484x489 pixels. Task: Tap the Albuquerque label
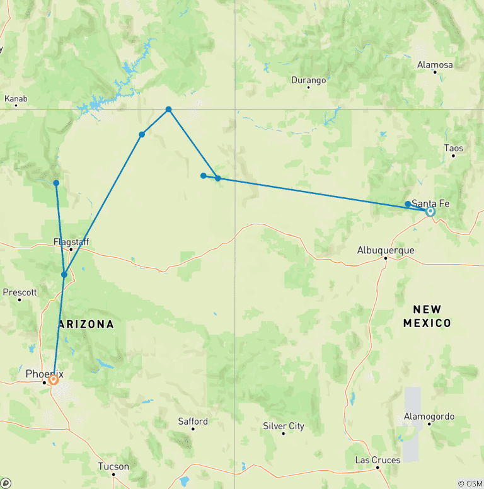coord(386,250)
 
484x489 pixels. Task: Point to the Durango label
coord(309,80)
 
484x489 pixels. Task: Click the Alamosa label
coord(435,65)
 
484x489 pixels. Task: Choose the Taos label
coord(453,149)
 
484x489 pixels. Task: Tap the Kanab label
coord(16,99)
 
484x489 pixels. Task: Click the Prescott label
coord(20,292)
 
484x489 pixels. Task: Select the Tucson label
coord(113,467)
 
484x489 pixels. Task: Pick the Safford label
coord(192,421)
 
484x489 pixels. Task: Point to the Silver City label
coord(284,427)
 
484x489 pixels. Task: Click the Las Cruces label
coord(377,460)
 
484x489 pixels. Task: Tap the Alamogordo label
coord(429,417)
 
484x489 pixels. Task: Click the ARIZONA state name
coord(86,325)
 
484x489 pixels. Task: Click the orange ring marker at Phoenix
coord(54,380)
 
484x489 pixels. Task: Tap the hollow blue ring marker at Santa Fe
coord(430,212)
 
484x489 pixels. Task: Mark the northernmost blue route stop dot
coord(169,110)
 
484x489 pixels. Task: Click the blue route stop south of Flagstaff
coord(64,275)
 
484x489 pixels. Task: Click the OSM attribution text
coord(470,483)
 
